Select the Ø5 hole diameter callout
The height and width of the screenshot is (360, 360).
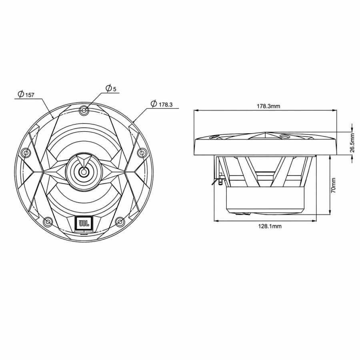point(111,88)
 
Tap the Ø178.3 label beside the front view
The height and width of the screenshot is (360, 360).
point(162,104)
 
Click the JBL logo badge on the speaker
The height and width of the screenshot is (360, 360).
point(83,223)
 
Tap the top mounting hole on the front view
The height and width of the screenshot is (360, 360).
point(84,110)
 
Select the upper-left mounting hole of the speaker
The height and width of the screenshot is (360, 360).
point(26,153)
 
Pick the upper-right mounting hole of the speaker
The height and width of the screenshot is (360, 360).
point(141,153)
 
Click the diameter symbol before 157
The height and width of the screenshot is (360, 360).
point(20,94)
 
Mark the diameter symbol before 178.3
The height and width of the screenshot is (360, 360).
point(154,104)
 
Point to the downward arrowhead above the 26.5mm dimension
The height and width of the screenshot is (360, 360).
point(352,128)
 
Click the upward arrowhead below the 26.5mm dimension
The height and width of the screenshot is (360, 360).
point(352,159)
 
